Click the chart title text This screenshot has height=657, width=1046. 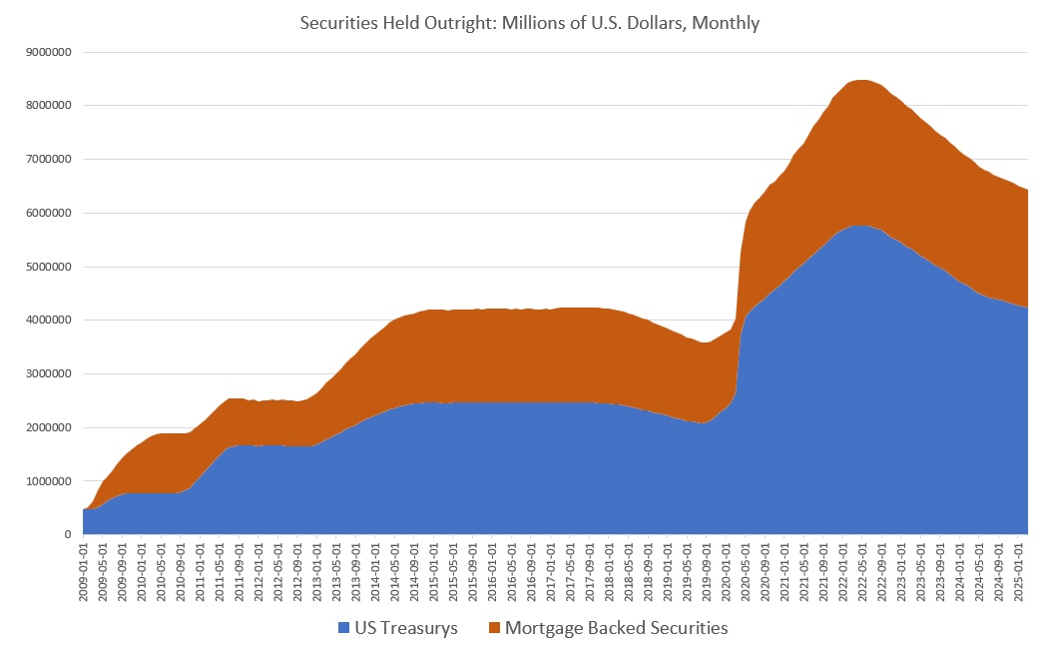click(529, 22)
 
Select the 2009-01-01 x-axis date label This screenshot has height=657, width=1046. click(85, 570)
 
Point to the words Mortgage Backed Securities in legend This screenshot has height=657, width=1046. click(616, 628)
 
